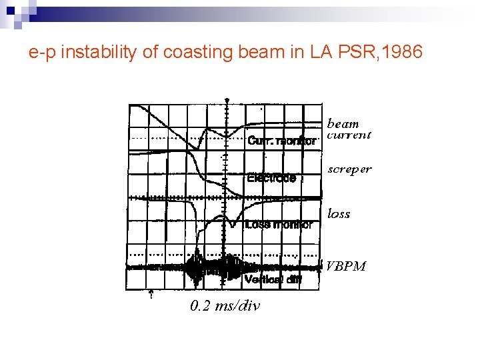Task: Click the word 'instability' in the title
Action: click(x=93, y=51)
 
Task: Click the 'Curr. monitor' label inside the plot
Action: click(x=281, y=141)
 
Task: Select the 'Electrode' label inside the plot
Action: click(x=271, y=178)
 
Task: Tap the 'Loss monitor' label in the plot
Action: click(x=278, y=225)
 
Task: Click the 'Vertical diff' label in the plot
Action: click(x=273, y=280)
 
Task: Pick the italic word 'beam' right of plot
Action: click(x=343, y=124)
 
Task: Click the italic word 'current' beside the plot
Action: click(x=349, y=135)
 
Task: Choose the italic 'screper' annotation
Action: click(x=349, y=169)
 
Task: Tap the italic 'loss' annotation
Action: click(x=339, y=214)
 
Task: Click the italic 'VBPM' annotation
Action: click(x=345, y=267)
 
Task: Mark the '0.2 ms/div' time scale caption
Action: click(x=225, y=306)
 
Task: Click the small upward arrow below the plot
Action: click(x=151, y=293)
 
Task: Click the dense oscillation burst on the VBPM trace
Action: click(x=213, y=267)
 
